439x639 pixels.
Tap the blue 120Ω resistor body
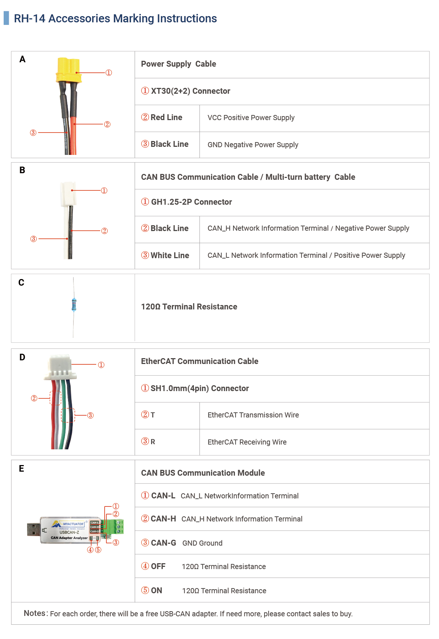74,305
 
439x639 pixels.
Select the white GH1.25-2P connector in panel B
68,194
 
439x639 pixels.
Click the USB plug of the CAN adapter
33,530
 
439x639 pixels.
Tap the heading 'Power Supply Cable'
179,64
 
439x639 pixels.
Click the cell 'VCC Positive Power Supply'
251,118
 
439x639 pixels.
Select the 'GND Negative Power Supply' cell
253,145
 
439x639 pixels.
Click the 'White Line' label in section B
170,256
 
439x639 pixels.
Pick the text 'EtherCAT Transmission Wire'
253,415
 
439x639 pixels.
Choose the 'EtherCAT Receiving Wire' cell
247,442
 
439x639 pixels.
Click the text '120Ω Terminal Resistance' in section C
189,307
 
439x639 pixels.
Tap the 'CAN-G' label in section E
164,543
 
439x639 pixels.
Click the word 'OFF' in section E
158,566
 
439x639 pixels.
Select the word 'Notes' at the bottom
35,613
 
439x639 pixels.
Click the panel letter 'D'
22,357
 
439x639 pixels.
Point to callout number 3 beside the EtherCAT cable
90,415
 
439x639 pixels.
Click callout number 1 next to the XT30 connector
109,73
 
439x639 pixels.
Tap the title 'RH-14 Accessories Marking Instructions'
115,19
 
